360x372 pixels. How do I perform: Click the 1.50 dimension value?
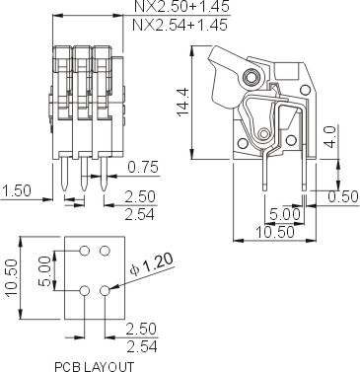[16, 189]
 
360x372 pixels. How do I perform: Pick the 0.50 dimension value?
[342, 196]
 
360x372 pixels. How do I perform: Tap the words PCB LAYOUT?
[96, 365]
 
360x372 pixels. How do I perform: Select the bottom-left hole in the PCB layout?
[84, 290]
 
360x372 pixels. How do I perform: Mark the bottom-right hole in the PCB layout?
[104, 290]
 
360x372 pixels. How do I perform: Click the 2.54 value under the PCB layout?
[142, 346]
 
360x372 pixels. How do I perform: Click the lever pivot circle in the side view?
[254, 76]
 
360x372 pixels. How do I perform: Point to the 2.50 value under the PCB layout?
[142, 329]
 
